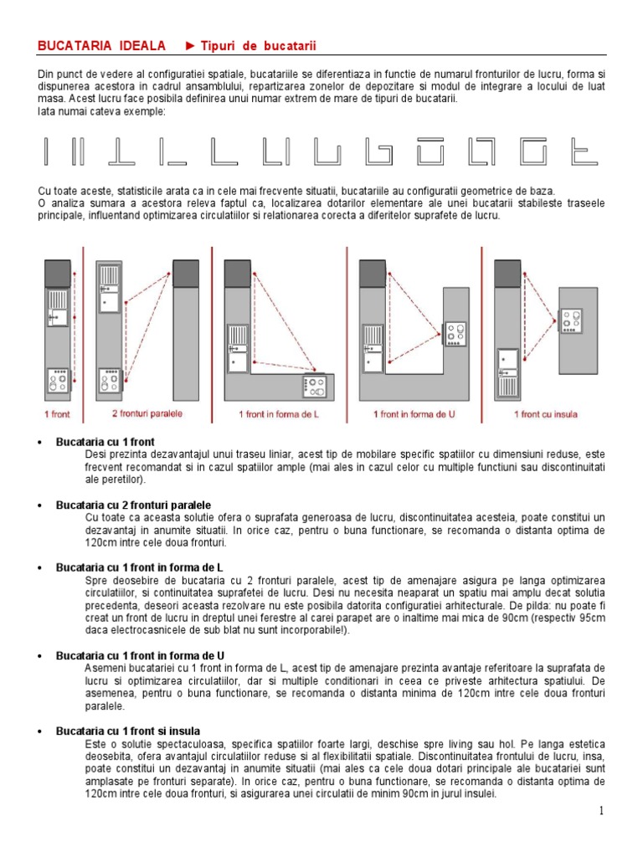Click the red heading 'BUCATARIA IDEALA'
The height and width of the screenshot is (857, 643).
pos(101,46)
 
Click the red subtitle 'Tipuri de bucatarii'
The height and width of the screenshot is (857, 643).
pos(258,46)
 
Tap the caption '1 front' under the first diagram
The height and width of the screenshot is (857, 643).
pos(58,414)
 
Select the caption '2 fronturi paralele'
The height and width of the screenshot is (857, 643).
pos(147,413)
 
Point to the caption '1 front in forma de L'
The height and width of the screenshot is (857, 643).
pos(279,414)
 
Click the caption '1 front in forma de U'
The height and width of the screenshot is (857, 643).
pos(414,414)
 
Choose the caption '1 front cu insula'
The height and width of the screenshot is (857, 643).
pos(546,414)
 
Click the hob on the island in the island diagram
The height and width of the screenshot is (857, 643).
pos(571,321)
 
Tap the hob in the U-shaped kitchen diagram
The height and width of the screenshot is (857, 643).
pos(455,333)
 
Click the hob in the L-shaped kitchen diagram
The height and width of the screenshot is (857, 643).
pos(315,387)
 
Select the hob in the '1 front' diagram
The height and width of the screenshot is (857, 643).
pos(58,381)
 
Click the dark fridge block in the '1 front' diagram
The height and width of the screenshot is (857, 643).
pos(58,274)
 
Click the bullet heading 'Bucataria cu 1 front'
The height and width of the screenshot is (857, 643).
pos(105,442)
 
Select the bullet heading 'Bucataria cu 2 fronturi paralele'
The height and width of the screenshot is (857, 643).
pos(133,505)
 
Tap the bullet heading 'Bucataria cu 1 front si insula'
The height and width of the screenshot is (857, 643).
pos(128,731)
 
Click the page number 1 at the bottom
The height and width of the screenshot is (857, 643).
pos(601,810)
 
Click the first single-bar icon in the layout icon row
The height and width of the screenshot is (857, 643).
pos(46,151)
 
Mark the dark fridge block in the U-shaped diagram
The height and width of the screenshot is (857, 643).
pos(373,274)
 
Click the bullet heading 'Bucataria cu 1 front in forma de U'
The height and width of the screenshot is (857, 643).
pos(140,655)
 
